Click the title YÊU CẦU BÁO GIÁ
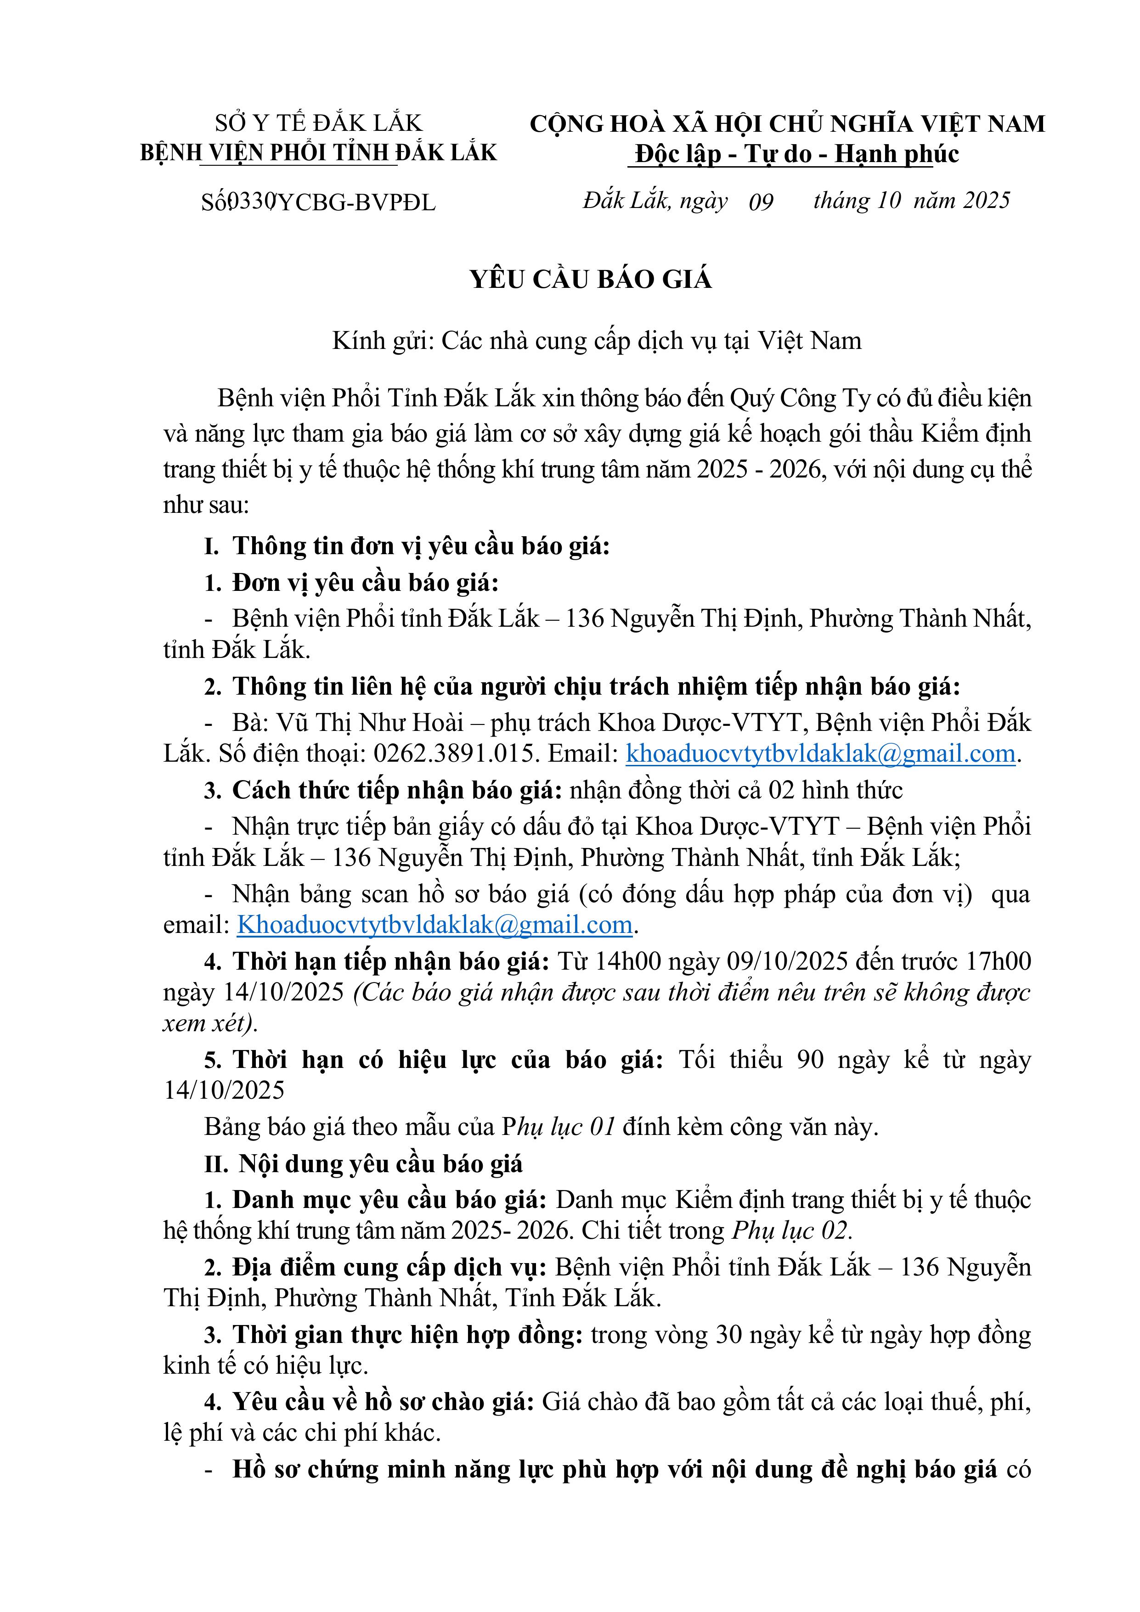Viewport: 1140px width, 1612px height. pos(591,280)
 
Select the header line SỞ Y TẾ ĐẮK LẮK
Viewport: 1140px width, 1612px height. pos(318,124)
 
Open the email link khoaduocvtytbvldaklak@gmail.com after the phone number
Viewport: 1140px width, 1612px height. pos(820,753)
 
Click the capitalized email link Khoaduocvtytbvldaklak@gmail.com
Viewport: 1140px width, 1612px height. pos(435,925)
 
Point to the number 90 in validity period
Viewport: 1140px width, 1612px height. pos(810,1060)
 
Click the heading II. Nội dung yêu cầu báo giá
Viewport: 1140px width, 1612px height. pos(363,1163)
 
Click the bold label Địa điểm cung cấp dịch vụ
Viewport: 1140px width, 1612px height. pos(389,1267)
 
